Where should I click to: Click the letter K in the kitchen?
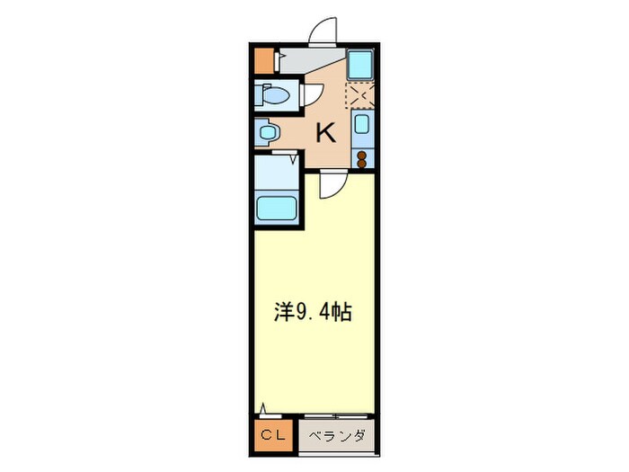(x=324, y=134)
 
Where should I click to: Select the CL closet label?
(x=271, y=436)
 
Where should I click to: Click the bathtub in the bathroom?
(x=278, y=208)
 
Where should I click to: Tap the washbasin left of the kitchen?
(x=265, y=133)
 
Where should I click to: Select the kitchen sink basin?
(x=360, y=125)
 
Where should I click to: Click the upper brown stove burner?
(x=361, y=154)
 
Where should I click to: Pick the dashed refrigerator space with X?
(x=360, y=94)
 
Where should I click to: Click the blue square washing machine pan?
(x=360, y=65)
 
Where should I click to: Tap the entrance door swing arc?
(x=322, y=31)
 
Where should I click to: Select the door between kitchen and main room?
(x=330, y=183)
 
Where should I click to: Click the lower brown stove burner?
(x=361, y=164)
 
